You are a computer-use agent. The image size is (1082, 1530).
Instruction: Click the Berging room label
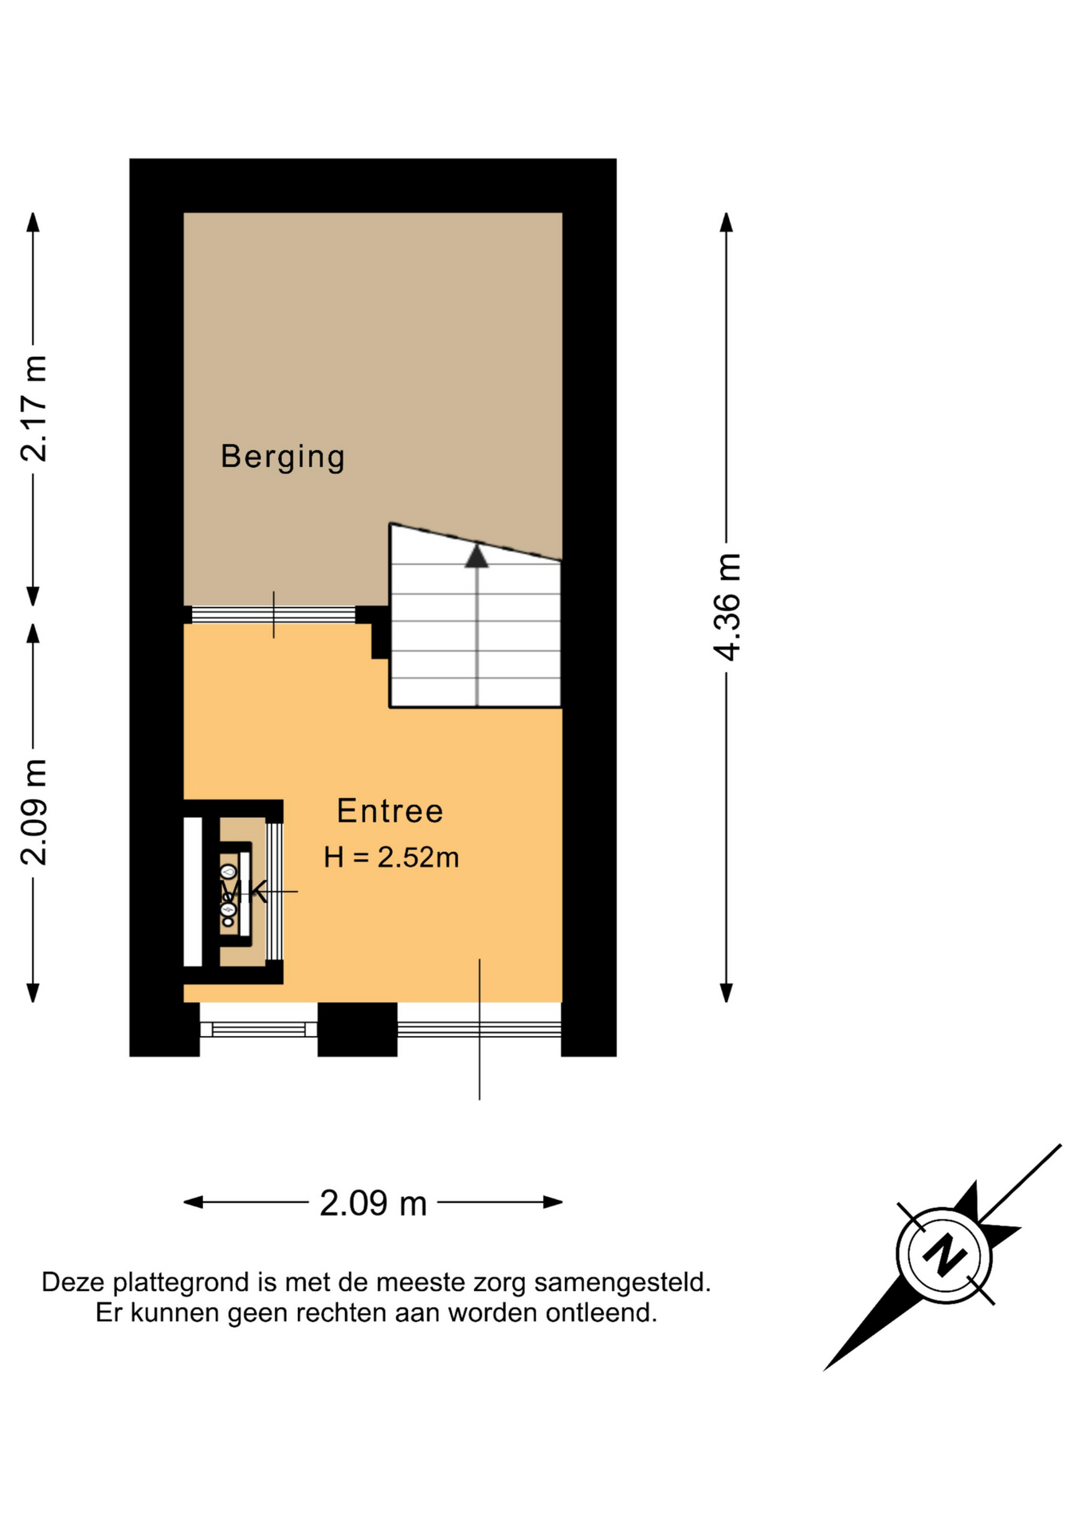tap(283, 457)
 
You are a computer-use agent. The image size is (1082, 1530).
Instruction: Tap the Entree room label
tap(390, 811)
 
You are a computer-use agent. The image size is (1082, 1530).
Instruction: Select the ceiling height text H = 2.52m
tap(391, 857)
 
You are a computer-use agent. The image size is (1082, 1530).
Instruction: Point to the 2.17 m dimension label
tap(34, 409)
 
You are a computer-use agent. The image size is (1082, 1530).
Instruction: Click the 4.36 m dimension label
tap(727, 606)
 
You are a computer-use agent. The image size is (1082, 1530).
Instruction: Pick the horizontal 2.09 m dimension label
tap(373, 1203)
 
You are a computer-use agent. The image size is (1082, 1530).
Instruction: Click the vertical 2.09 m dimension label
tap(34, 812)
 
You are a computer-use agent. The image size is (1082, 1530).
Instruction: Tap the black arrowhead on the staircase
tap(476, 555)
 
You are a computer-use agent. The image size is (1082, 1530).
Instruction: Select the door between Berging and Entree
tap(273, 614)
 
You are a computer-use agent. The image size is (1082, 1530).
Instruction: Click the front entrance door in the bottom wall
tap(479, 1029)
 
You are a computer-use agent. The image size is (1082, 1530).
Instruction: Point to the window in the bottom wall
tap(258, 1029)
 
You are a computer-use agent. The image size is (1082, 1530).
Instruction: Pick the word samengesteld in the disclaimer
tap(622, 1283)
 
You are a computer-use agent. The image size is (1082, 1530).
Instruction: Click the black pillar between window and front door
tap(358, 1030)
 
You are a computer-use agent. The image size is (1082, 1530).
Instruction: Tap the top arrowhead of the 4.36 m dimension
tap(727, 222)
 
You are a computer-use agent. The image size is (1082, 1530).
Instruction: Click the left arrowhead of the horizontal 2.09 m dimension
tap(193, 1202)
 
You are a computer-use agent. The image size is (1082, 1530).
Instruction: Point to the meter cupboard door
tap(274, 892)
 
